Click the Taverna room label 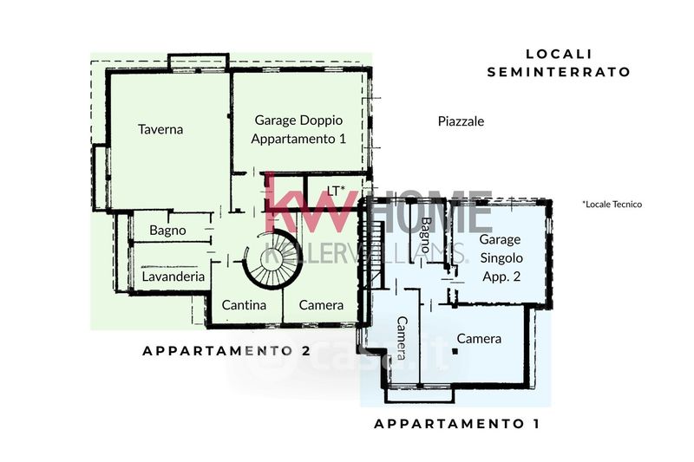[160, 129]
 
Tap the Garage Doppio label [298, 120]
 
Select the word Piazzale [461, 121]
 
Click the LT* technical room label [336, 191]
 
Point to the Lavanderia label [173, 277]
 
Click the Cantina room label [244, 305]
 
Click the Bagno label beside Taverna [167, 231]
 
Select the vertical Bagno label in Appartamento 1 [426, 235]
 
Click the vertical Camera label [402, 338]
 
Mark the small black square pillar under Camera [455, 351]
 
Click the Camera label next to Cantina [321, 305]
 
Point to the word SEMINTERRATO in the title [559, 72]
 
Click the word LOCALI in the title [559, 54]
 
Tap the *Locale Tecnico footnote [612, 205]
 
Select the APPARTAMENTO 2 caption [226, 351]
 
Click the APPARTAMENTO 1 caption [457, 424]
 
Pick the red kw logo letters [310, 203]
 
